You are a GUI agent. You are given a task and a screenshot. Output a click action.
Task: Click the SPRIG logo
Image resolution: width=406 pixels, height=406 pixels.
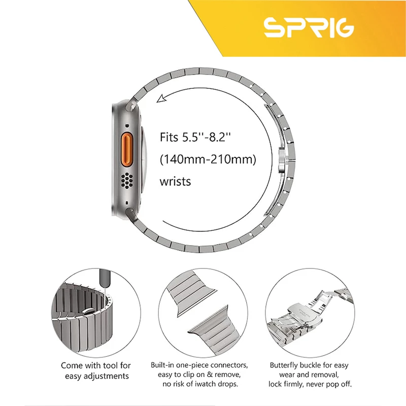[309, 28]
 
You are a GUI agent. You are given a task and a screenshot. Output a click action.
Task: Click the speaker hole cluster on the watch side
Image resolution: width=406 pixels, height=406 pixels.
[127, 180]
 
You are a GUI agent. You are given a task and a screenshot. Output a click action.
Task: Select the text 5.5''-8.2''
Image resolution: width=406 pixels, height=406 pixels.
[207, 137]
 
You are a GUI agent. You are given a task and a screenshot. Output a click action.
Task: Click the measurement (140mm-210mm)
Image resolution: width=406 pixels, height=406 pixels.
[208, 159]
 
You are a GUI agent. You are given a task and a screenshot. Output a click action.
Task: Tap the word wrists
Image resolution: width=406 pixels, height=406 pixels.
[175, 182]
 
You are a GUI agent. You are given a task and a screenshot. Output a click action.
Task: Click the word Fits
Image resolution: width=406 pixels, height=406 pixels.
[169, 137]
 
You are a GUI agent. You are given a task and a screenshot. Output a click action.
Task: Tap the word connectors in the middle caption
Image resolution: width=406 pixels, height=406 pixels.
[229, 365]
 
